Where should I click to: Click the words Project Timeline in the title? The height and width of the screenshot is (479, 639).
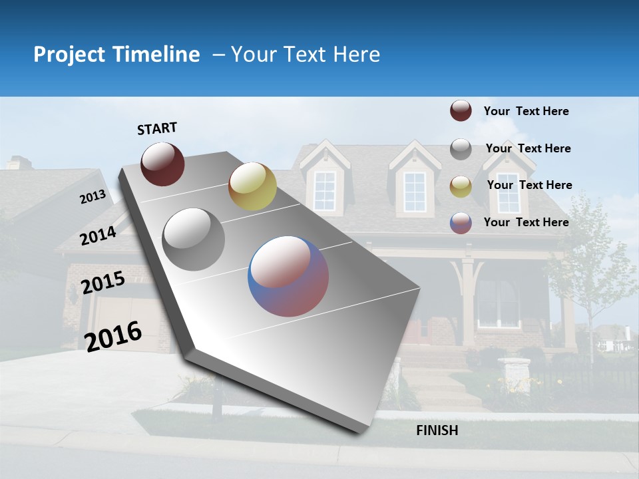click(x=116, y=55)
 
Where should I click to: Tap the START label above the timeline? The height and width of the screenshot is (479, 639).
click(x=157, y=128)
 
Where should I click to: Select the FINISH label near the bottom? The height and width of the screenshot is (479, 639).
click(x=437, y=430)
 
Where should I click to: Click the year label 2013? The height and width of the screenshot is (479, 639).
click(x=93, y=197)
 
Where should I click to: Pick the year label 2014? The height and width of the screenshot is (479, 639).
click(x=98, y=236)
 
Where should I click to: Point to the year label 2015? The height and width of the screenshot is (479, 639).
click(x=103, y=283)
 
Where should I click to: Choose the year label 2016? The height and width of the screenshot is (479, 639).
click(x=112, y=337)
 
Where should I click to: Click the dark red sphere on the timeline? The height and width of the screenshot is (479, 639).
click(x=162, y=164)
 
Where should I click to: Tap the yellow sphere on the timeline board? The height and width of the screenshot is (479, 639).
click(x=252, y=186)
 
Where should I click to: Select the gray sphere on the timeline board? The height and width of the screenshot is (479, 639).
click(x=194, y=239)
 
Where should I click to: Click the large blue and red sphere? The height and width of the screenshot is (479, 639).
click(x=288, y=276)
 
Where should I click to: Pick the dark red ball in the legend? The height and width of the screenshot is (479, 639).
click(x=461, y=111)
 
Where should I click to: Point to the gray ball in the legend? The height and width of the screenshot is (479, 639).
click(x=461, y=149)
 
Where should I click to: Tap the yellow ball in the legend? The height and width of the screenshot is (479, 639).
click(x=461, y=186)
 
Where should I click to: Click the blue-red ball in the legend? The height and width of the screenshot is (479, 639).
click(x=461, y=223)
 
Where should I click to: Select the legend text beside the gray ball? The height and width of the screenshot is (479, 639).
click(x=528, y=148)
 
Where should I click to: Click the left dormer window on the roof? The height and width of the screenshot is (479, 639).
click(x=325, y=190)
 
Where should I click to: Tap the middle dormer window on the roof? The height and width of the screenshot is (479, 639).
click(x=414, y=191)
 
